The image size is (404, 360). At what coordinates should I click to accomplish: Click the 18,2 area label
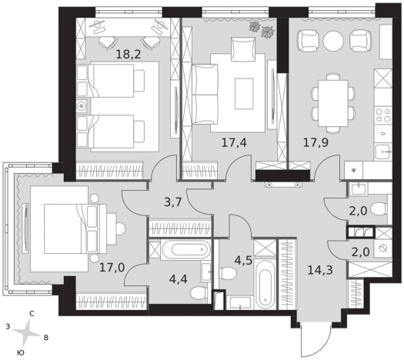[x=129, y=55]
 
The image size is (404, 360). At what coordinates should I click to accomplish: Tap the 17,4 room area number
[x=234, y=142]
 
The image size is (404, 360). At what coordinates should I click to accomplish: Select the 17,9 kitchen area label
[x=316, y=142]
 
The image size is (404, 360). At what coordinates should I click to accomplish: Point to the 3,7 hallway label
[x=173, y=202]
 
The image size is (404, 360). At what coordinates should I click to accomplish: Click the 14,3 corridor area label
[x=320, y=270]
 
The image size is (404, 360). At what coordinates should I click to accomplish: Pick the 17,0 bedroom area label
[x=112, y=268]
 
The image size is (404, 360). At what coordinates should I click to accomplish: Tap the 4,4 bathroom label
[x=179, y=278]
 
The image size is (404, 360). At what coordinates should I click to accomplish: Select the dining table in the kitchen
[x=333, y=104]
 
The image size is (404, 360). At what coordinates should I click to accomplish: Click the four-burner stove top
[x=383, y=115]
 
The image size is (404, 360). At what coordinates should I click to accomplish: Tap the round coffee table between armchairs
[x=333, y=42]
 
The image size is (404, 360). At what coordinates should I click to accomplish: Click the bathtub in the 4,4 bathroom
[x=185, y=249]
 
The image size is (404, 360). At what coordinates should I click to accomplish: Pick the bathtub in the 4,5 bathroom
[x=265, y=284]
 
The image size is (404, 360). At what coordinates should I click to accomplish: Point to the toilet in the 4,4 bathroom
[x=199, y=293]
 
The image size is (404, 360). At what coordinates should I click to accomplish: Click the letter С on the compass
[x=32, y=314]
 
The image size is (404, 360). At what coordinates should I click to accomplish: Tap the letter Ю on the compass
[x=19, y=353]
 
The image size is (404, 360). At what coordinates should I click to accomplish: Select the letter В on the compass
[x=46, y=338]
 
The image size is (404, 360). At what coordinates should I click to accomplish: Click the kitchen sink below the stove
[x=383, y=152]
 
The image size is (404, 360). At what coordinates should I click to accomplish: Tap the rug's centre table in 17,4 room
[x=244, y=94]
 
